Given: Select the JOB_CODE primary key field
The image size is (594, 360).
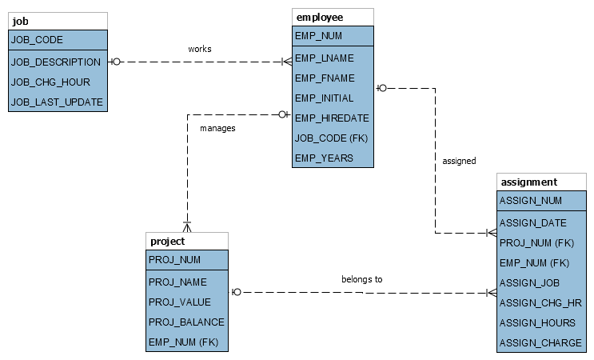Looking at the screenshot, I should [x=37, y=39].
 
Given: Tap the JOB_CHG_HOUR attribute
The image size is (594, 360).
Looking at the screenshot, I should [x=50, y=82].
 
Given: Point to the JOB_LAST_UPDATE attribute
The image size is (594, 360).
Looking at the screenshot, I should [x=57, y=102].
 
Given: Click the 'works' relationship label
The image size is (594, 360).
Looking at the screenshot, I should [x=200, y=50].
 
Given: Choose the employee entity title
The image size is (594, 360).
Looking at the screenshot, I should [x=319, y=17].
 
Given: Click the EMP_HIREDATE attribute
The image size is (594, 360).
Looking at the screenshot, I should [x=332, y=118].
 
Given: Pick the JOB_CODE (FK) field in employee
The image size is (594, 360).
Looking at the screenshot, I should [x=331, y=138].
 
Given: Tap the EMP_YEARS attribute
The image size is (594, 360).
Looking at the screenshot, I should [x=324, y=158].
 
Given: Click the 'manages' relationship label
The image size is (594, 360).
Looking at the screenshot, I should [x=217, y=127].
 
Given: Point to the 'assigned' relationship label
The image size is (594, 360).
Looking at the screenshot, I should [x=459, y=161].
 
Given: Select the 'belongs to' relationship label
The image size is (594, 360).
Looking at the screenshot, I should [x=362, y=279].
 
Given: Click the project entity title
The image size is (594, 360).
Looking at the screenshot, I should [x=167, y=241].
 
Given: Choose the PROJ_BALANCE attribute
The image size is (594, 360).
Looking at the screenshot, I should [x=186, y=322].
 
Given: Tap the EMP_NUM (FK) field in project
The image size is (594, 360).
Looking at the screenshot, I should [x=184, y=342].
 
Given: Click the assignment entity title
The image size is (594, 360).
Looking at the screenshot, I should [x=528, y=182].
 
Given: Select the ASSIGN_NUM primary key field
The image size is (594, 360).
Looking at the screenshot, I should [x=531, y=201].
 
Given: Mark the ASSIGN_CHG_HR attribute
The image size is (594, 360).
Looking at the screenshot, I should [x=540, y=302].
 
